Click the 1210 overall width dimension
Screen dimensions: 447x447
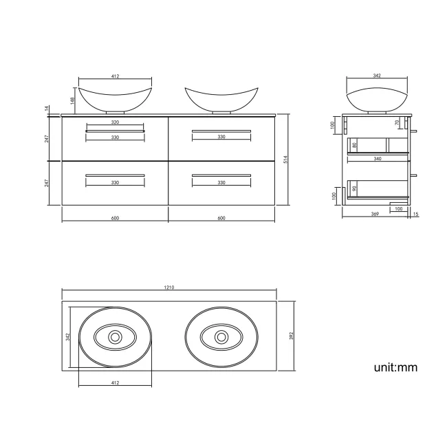pyautogui.click(x=168, y=287)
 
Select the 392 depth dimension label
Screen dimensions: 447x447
pyautogui.click(x=292, y=336)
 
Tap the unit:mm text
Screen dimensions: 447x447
pyautogui.click(x=395, y=367)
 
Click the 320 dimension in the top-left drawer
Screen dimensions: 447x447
pyautogui.click(x=115, y=122)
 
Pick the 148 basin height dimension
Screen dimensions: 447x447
pyautogui.click(x=72, y=100)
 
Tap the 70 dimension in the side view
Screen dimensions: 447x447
pyautogui.click(x=397, y=123)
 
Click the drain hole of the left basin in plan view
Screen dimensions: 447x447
pyautogui.click(x=115, y=337)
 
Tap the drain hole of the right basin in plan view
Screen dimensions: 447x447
pyautogui.click(x=221, y=337)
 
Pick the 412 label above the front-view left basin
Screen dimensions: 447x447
pyautogui.click(x=115, y=76)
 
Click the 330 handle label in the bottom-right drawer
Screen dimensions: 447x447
pyautogui.click(x=221, y=182)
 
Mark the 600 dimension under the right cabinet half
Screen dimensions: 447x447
pyautogui.click(x=221, y=218)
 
